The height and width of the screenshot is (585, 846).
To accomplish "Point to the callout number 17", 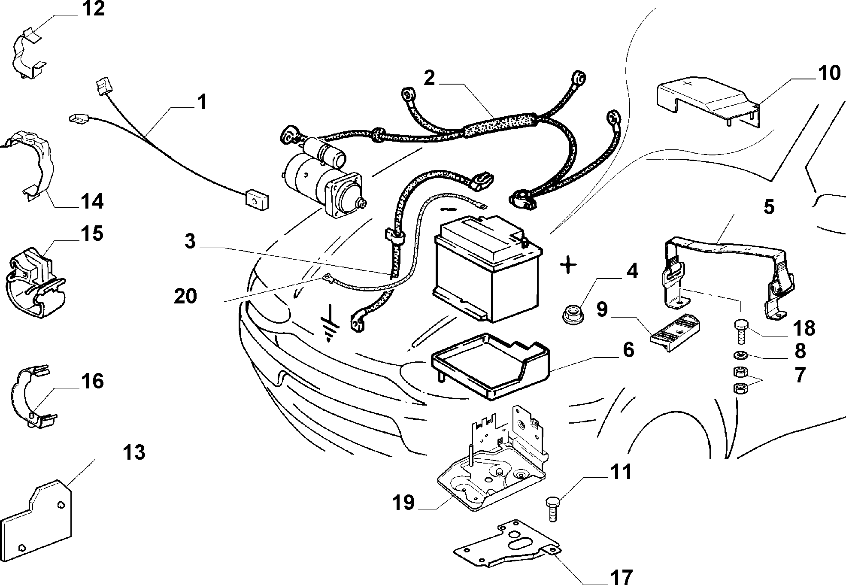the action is click(x=621, y=576).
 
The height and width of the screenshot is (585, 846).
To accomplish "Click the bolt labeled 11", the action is click(x=553, y=508).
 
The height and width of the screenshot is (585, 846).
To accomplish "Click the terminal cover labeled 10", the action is click(x=708, y=101).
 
